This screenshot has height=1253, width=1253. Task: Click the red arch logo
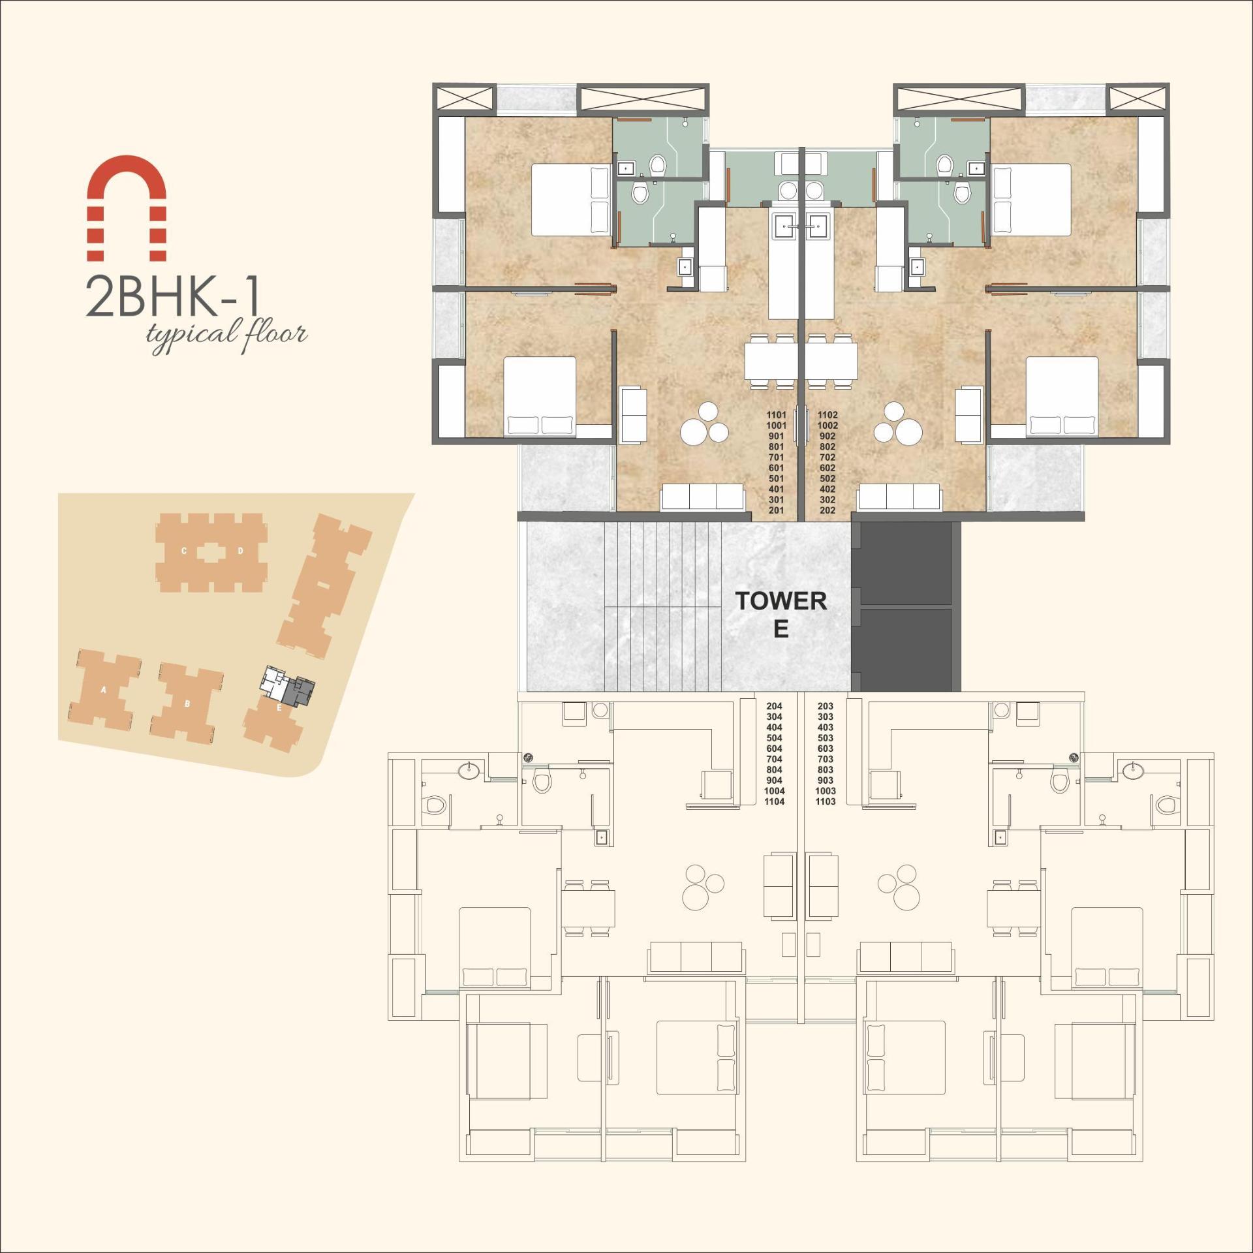(x=127, y=208)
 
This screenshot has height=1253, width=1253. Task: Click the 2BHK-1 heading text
(x=173, y=298)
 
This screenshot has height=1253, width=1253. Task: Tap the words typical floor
(x=226, y=334)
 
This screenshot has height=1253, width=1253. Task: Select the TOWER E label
(x=781, y=613)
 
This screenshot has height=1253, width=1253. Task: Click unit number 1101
(x=776, y=415)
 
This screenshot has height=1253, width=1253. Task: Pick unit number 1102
(x=828, y=415)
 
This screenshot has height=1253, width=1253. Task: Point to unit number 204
(x=775, y=706)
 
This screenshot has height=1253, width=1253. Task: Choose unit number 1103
(x=826, y=802)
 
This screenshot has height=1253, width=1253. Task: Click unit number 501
(x=776, y=479)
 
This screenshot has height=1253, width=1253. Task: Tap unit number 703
(x=826, y=760)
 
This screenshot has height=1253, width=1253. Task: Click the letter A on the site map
(x=104, y=690)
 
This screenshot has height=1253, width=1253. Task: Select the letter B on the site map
(x=187, y=704)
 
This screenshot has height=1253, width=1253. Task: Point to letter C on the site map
(x=184, y=551)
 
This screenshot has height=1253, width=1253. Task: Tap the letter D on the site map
(x=240, y=551)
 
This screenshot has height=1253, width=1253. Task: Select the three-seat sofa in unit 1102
(x=899, y=497)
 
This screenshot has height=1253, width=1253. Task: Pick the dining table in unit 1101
(x=771, y=360)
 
